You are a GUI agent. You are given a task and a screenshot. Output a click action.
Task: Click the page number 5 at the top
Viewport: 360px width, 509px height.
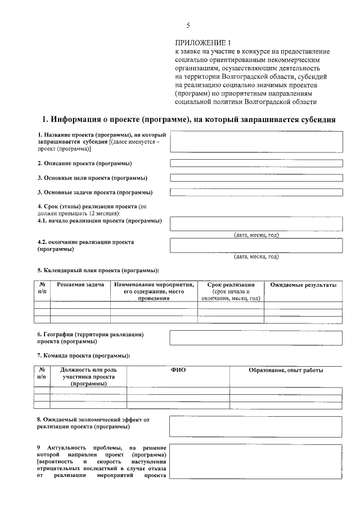(188, 25)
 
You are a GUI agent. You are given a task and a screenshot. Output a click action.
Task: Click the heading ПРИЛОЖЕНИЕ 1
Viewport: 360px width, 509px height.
(203, 43)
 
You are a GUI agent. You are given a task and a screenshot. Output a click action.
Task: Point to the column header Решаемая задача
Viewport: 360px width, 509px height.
(80, 285)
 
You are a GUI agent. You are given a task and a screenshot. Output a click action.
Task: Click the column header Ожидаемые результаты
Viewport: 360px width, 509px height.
(303, 285)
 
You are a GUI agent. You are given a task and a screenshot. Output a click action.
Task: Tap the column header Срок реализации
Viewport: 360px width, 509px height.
(231, 285)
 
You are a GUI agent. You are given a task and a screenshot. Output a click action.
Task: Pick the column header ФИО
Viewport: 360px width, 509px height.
(178, 370)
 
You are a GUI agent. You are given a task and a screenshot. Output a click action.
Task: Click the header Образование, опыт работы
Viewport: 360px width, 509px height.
(286, 370)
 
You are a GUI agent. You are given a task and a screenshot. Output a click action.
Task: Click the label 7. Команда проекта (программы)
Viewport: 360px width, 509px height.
(84, 355)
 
